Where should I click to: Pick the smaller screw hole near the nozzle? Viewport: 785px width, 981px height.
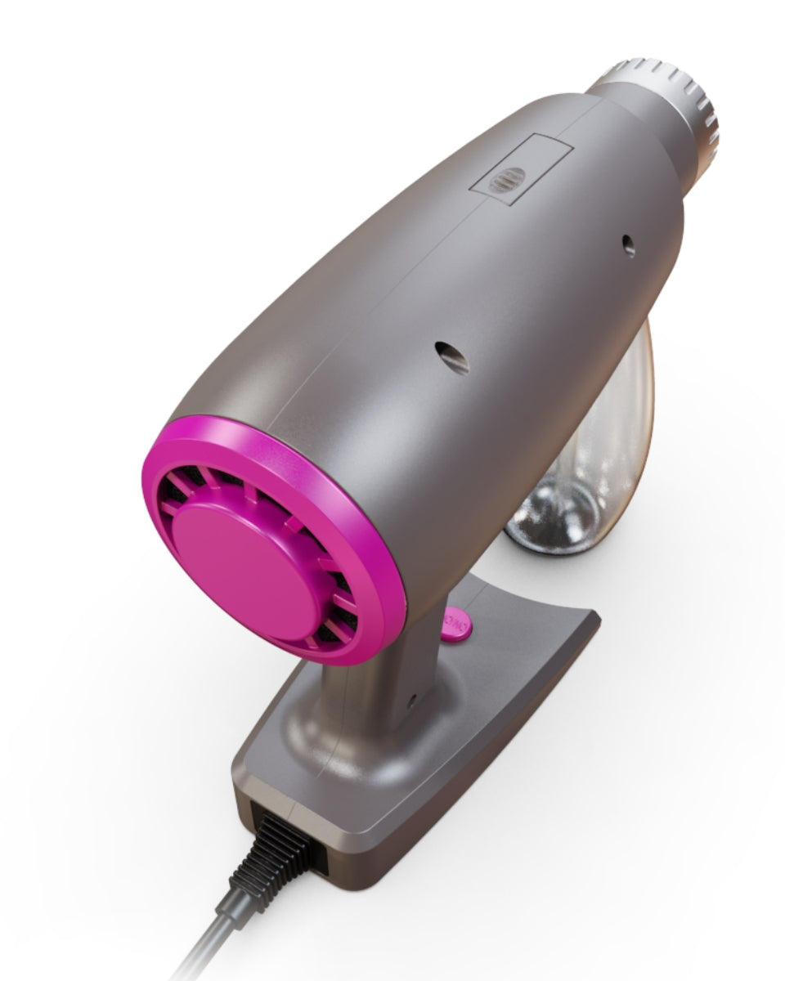[628, 243]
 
